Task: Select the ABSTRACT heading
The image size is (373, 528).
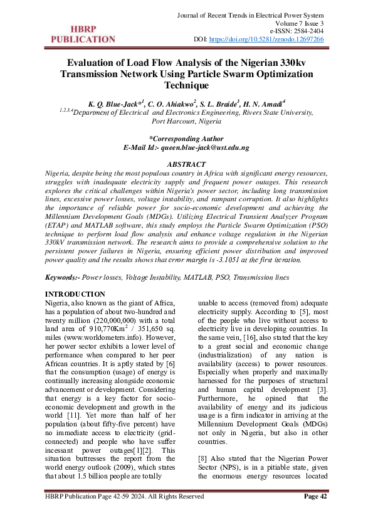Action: coord(186,164)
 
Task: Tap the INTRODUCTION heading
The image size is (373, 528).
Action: coord(76,294)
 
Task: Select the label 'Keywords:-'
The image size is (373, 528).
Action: coord(63,277)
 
